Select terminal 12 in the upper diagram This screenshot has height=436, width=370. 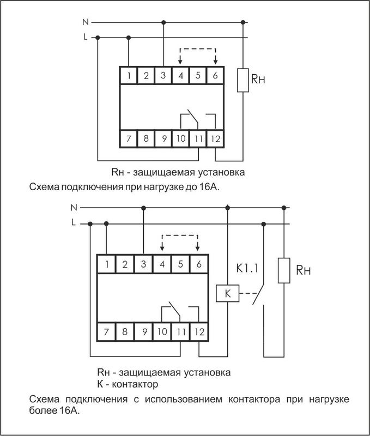pyautogui.click(x=215, y=138)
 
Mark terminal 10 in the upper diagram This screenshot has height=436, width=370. pyautogui.click(x=181, y=138)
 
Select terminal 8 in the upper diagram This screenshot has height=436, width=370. pyautogui.click(x=146, y=138)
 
